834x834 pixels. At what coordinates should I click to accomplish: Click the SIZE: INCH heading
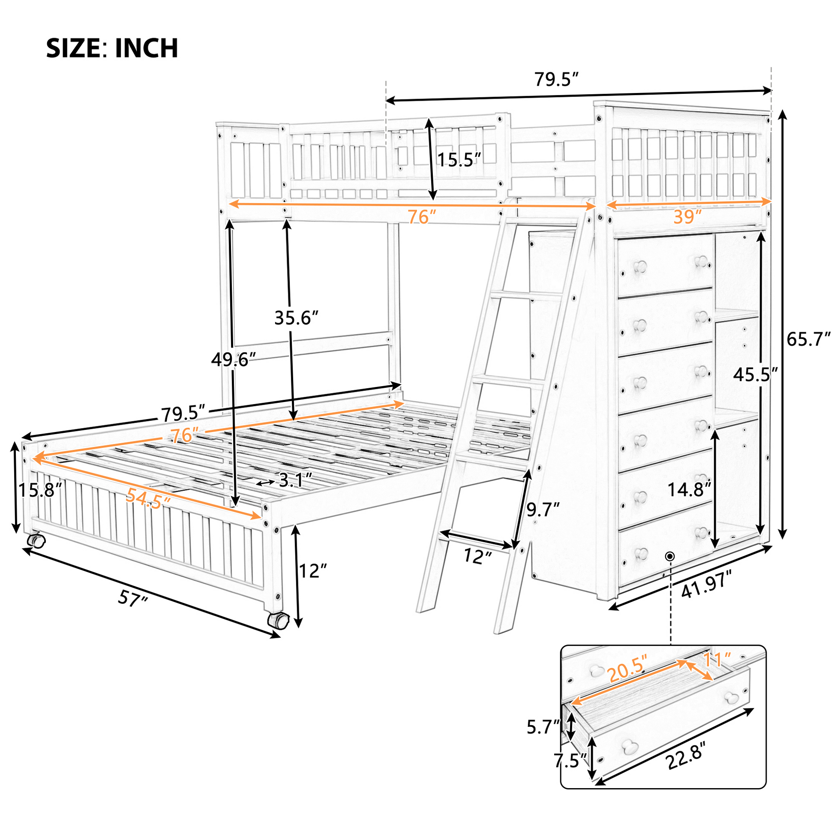(x=112, y=48)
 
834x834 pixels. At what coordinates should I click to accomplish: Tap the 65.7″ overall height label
(x=809, y=339)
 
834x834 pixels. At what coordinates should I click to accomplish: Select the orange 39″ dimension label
(x=688, y=217)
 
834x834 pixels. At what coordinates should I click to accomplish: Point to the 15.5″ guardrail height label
(x=459, y=160)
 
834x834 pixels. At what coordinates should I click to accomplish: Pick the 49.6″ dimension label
(x=233, y=359)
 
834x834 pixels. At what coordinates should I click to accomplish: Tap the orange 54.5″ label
(x=148, y=500)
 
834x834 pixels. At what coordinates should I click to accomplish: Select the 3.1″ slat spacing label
(x=296, y=480)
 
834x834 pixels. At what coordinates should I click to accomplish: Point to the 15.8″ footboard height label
(x=40, y=490)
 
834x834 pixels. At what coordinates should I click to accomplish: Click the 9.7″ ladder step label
(x=543, y=510)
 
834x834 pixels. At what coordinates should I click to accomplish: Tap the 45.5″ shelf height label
(x=755, y=375)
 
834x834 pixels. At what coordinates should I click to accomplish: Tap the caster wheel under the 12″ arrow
(x=278, y=621)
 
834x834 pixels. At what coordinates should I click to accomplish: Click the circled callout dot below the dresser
(x=670, y=556)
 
